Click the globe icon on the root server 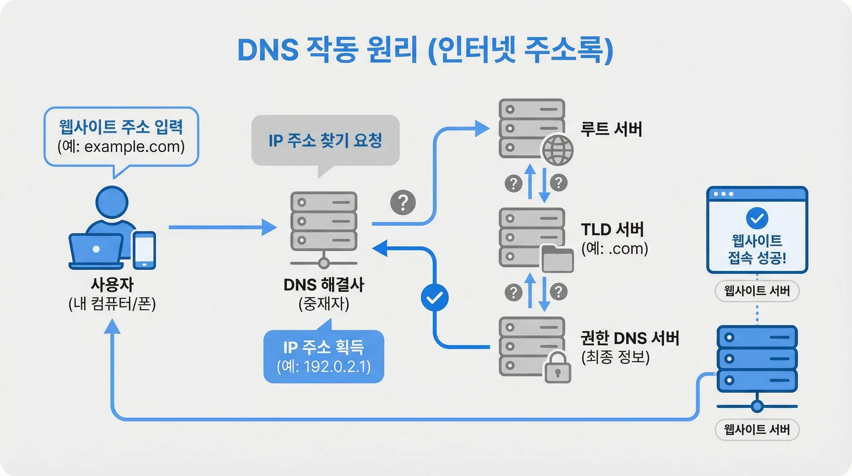pos(558,150)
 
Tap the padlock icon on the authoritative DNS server pos(557,367)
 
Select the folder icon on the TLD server pos(557,259)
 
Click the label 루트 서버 pos(611,129)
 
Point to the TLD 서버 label pos(612,229)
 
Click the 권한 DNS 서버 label pos(630,338)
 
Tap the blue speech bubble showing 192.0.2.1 pos(324,356)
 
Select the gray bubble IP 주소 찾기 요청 pos(325,141)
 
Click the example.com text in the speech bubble pos(134,147)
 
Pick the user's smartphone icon pos(144,250)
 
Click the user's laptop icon pos(96,251)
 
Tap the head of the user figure pos(112,202)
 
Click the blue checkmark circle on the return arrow pos(435,297)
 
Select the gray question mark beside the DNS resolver pos(403,203)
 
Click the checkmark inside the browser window pos(757,218)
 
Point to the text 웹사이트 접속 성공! pos(757,249)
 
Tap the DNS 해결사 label pos(324,285)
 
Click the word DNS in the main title pos(268,51)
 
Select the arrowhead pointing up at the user pos(112,326)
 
